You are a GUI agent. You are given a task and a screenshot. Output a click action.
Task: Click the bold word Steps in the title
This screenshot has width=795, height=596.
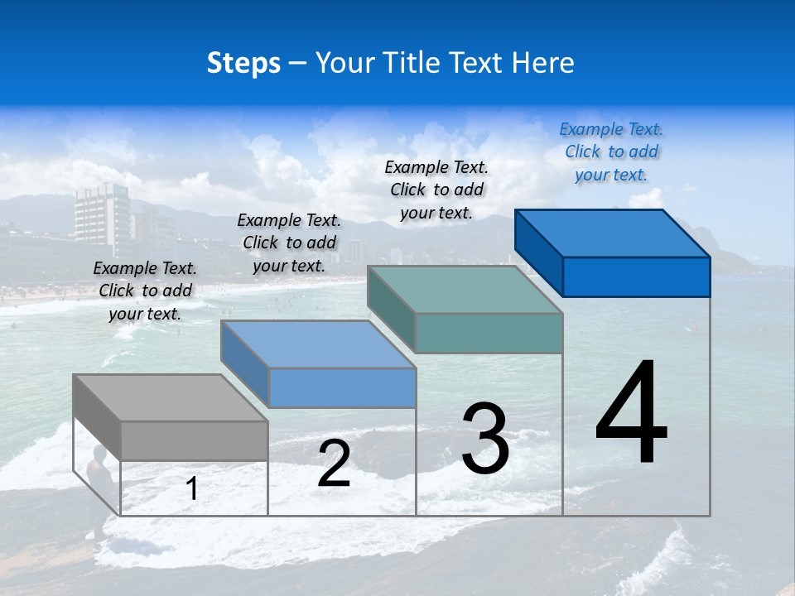[243, 63]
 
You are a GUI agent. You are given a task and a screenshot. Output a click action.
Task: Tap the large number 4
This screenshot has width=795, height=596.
[631, 414]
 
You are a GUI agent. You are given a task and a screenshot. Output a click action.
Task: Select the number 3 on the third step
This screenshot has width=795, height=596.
[485, 439]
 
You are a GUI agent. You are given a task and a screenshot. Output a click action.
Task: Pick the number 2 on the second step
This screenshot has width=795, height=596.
[334, 464]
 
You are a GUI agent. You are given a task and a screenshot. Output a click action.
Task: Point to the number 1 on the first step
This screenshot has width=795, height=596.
[192, 488]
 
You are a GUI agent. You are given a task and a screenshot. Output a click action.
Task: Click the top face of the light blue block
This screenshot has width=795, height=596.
[318, 344]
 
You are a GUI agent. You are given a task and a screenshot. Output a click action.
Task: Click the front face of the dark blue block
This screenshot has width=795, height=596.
[636, 276]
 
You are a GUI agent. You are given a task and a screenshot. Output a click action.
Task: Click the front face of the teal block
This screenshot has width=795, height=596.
[489, 333]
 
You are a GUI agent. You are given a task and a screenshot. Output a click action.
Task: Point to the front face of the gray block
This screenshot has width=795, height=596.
[194, 440]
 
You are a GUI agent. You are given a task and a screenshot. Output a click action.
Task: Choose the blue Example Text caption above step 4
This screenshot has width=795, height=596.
[611, 151]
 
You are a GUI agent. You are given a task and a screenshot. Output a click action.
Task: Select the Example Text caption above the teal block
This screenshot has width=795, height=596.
[436, 190]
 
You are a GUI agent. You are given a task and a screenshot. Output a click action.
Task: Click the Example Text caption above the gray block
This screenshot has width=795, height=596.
[145, 291]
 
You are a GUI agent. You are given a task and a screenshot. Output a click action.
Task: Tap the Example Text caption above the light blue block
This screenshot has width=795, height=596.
[289, 243]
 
